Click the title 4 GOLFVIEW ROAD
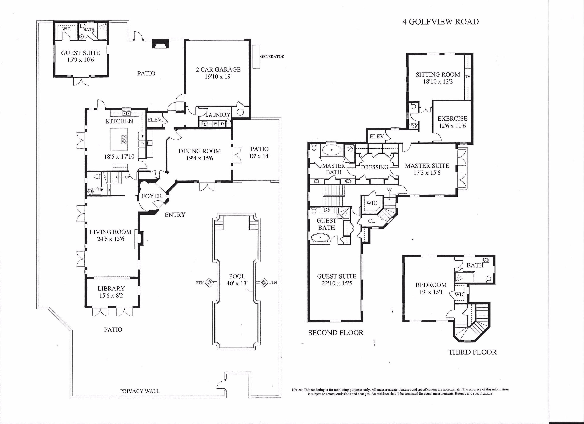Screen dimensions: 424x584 point(440,22)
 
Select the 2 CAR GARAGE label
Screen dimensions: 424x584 point(218,70)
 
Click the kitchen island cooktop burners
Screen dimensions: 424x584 point(124,139)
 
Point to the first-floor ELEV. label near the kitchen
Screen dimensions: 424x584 point(155,120)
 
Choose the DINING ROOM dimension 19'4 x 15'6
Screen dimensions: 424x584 point(200,158)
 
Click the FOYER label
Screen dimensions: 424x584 point(152,196)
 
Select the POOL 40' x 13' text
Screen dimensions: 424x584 point(237,280)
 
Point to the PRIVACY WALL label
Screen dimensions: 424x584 point(140,391)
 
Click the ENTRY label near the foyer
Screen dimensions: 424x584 point(175,215)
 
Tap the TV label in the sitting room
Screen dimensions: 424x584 point(468,77)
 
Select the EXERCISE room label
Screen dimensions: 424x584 point(452,119)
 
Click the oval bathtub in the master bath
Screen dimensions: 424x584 point(332,150)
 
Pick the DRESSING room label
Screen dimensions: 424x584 point(374,167)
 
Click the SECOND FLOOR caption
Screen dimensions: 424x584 point(335,333)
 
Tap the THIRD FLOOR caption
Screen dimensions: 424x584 point(472,352)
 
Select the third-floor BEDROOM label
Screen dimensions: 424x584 point(431,285)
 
